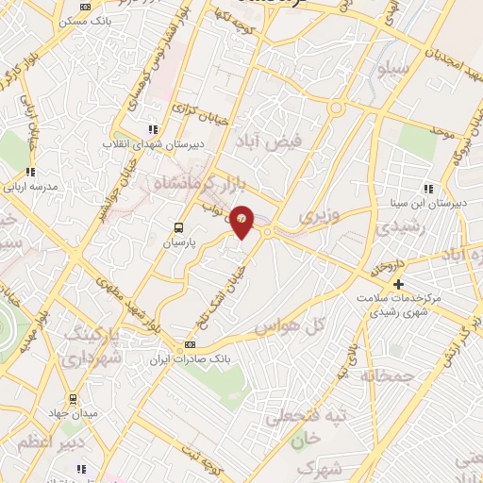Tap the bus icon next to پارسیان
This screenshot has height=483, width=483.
pyautogui.click(x=178, y=227)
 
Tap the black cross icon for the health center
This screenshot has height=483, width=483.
pyautogui.click(x=398, y=284)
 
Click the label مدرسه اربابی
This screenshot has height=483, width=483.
pyautogui.click(x=32, y=187)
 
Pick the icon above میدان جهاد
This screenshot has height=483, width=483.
pyautogui.click(x=73, y=399)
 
